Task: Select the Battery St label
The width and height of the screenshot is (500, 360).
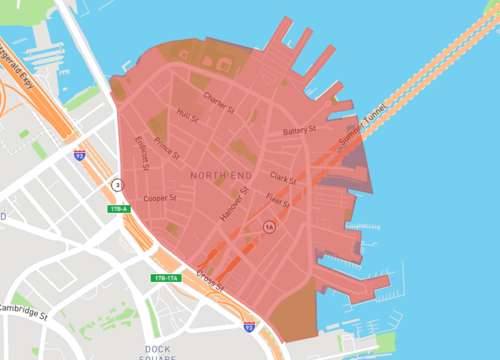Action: [x=299, y=131]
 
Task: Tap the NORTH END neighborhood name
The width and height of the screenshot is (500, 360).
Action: [x=220, y=176]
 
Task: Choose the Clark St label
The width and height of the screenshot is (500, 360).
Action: [x=283, y=178]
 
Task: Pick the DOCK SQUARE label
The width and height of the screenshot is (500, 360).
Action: [x=158, y=351]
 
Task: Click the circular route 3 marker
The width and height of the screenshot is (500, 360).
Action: [x=117, y=185]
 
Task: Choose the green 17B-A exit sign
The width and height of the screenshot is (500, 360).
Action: [x=120, y=209]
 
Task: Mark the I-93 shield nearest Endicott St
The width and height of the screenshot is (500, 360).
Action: [x=79, y=156]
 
